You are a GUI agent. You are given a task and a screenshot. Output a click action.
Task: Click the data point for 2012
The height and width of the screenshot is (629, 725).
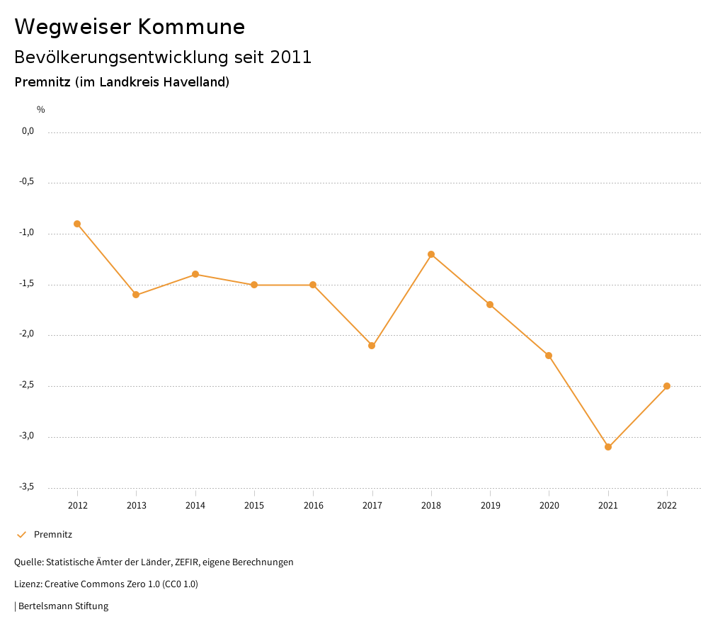77,224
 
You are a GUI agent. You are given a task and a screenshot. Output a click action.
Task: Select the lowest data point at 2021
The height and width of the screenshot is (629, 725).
608,447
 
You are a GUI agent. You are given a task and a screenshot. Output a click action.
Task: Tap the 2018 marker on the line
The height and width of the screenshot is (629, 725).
431,254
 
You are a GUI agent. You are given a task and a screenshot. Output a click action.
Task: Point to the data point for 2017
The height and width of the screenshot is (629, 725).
372,346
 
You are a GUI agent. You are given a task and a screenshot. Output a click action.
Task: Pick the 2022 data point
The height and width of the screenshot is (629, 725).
667,386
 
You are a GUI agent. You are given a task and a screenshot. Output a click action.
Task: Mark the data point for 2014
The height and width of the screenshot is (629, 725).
195,274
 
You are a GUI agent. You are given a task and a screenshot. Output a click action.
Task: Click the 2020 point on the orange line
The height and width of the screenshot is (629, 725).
549,356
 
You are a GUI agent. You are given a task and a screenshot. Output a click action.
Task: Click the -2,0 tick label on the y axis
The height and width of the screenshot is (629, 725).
28,334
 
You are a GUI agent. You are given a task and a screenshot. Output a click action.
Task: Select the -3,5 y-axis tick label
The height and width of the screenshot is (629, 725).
28,487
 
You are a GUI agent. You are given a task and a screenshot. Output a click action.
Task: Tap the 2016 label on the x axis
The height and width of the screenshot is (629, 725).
313,505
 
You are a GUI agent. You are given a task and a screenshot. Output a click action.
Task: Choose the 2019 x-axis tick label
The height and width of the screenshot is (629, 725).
490,505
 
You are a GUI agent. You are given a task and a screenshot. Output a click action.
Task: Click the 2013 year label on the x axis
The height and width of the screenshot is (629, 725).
136,505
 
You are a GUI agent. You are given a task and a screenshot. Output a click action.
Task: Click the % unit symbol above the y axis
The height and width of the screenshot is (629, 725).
41,110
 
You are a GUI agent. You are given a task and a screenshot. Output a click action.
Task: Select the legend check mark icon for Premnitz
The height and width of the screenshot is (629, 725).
21,535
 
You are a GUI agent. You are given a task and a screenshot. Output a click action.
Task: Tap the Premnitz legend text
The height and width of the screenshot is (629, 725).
53,535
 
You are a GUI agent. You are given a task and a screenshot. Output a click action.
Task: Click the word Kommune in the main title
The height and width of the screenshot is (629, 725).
191,27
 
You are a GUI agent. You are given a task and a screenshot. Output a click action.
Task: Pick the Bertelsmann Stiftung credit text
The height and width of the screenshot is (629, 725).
63,606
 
